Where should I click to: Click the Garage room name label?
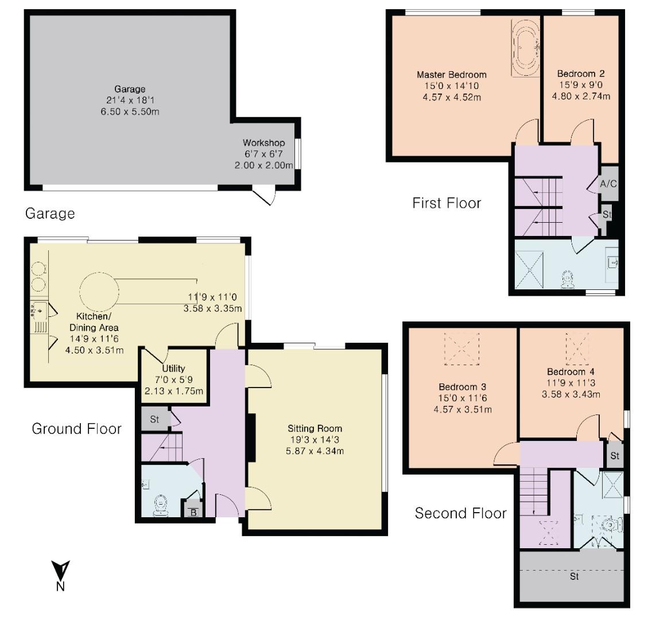(x=129, y=89)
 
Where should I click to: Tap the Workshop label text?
(x=263, y=143)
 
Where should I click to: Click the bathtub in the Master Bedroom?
(x=525, y=49)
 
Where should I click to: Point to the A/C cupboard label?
(x=608, y=184)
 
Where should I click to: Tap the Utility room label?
(x=173, y=369)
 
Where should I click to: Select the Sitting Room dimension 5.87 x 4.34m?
(x=315, y=451)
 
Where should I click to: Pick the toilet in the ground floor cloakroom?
(x=160, y=506)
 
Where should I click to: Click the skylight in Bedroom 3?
(x=461, y=349)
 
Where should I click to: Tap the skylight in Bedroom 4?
(x=577, y=348)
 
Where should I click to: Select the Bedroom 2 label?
(x=580, y=74)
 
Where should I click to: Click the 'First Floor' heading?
(x=447, y=203)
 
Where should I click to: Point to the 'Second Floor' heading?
(x=460, y=513)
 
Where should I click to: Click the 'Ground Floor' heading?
(x=76, y=428)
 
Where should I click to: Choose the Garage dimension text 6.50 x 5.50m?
(x=129, y=111)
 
